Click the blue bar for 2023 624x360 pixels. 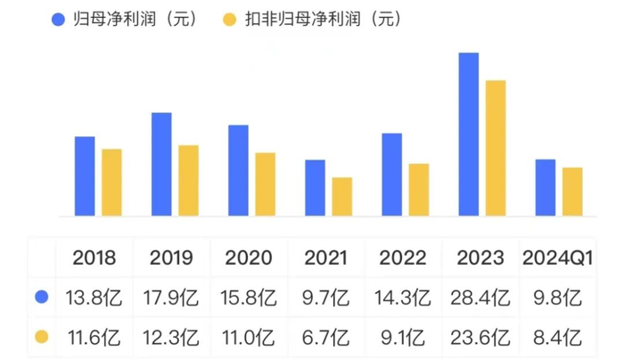[469, 135]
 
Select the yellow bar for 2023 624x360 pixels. [496, 148]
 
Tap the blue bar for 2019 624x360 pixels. [161, 164]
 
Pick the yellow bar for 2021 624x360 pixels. [342, 197]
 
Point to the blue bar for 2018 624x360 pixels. [85, 176]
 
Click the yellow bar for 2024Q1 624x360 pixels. [572, 192]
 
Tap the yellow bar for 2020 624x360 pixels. [266, 184]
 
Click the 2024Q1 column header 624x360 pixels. [558, 258]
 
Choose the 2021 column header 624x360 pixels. [327, 258]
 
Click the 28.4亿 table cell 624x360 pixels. [481, 296]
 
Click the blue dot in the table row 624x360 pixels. [40, 296]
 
